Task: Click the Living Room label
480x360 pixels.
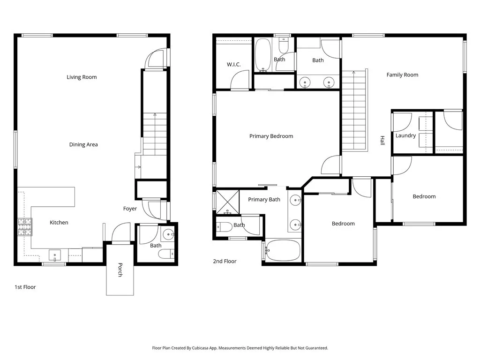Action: coord(82,77)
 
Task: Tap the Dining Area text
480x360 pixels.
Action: coord(83,145)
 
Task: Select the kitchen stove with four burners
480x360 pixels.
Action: coord(24,227)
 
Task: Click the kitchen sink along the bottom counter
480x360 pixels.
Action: coord(55,256)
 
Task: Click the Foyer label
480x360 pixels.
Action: coord(130,209)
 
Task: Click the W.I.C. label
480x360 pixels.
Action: coord(233,65)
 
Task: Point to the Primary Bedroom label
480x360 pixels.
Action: coord(271,136)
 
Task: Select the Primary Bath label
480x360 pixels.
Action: coord(264,200)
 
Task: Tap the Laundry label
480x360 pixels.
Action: coord(405,136)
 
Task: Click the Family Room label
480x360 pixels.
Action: coord(402,75)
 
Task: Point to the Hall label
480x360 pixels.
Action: coord(382,141)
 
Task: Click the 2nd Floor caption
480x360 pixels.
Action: coord(225,262)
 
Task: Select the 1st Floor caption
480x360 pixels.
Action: coord(25,287)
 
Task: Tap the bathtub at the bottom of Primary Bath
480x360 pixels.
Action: coord(282,251)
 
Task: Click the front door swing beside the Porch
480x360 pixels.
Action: coord(120,232)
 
